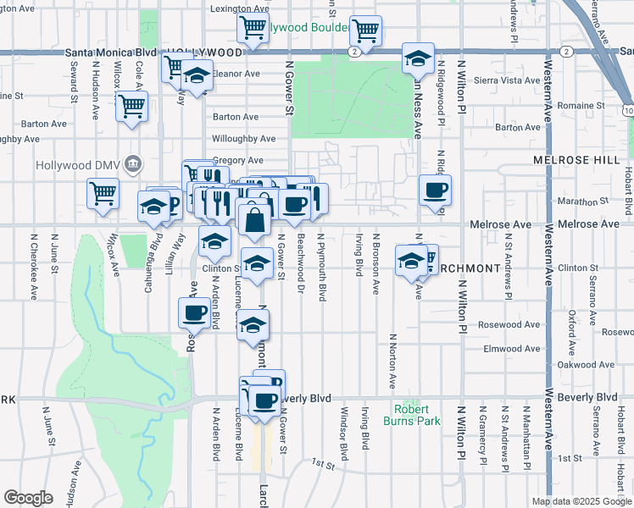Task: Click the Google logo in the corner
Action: (28, 498)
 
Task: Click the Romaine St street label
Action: (580, 105)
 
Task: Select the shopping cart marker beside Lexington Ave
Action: (252, 29)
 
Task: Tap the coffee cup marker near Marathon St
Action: (435, 190)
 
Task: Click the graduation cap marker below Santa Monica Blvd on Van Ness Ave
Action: (418, 59)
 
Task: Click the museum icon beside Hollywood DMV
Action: (133, 163)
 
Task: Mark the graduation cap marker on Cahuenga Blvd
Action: (153, 207)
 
